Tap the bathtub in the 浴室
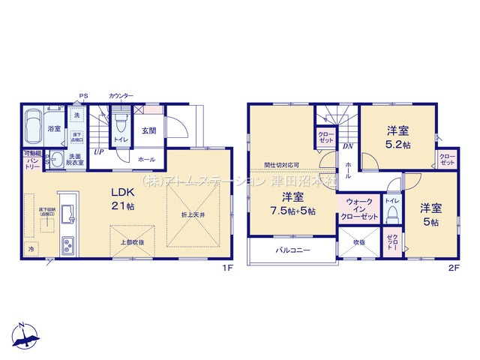(x=34, y=128)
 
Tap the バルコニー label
(x=292, y=249)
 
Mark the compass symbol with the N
(x=25, y=336)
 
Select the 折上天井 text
(x=192, y=215)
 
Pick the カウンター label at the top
(x=121, y=96)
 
